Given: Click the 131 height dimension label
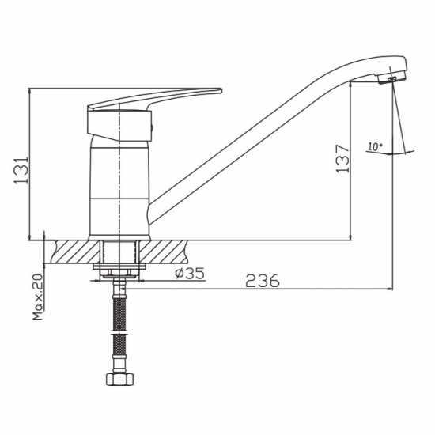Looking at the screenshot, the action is pyautogui.click(x=21, y=170).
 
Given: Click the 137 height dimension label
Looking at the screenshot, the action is pyautogui.click(x=342, y=159).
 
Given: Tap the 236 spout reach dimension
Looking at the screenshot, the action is pyautogui.click(x=263, y=281).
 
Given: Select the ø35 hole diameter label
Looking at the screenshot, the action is pyautogui.click(x=190, y=273).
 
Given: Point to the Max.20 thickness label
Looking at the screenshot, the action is pyautogui.click(x=38, y=297).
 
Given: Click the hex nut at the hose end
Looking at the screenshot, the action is pyautogui.click(x=119, y=379).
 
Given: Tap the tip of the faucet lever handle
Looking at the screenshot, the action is pyautogui.click(x=221, y=90).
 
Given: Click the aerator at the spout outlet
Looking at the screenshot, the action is pyautogui.click(x=391, y=79).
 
